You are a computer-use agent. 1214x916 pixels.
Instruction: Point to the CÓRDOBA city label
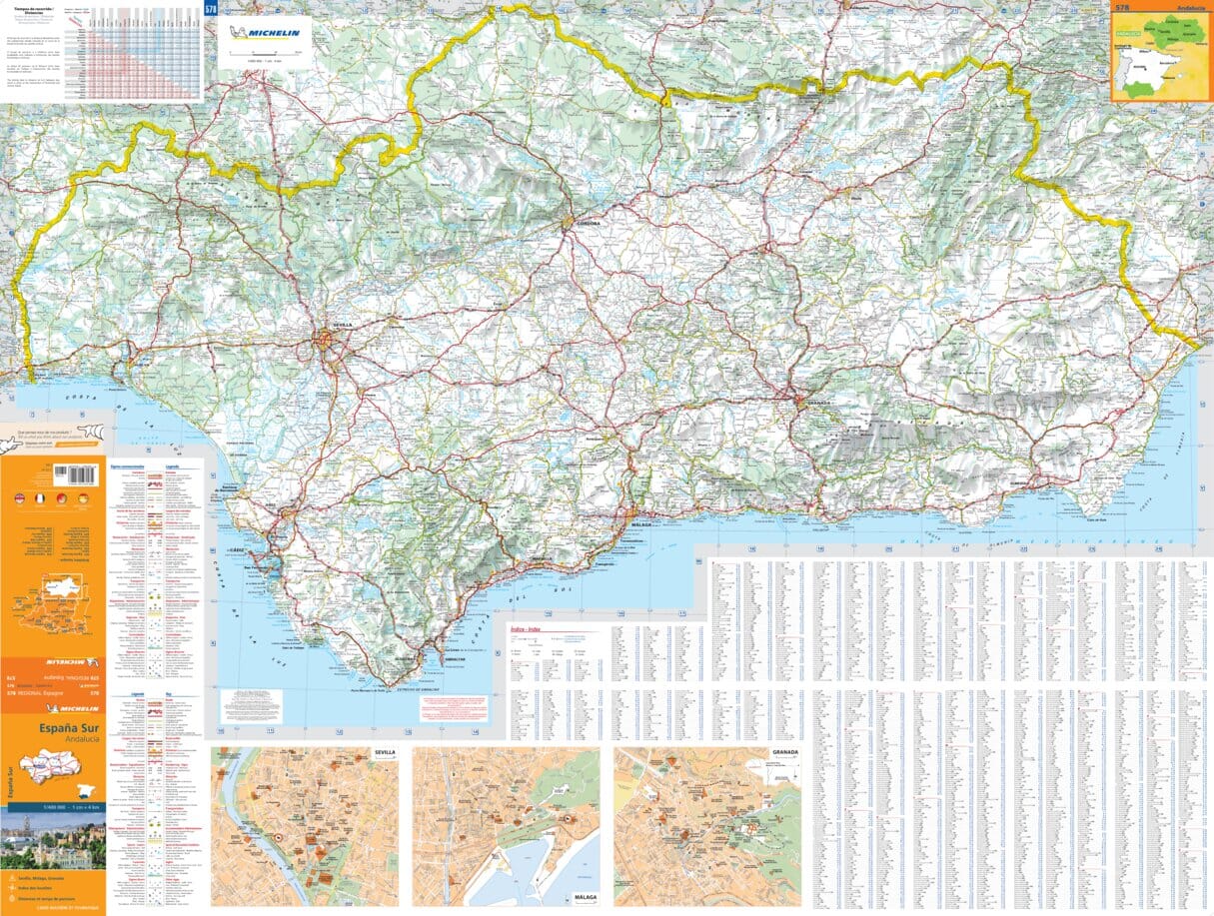587,224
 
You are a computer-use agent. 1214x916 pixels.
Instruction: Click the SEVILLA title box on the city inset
384,752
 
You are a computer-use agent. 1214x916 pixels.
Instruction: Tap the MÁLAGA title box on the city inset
585,897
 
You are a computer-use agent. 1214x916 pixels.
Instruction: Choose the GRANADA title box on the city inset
785,752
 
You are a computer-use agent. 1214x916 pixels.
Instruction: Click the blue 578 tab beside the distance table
210,9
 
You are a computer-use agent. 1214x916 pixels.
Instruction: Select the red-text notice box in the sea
455,707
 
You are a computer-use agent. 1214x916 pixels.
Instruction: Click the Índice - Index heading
526,630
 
